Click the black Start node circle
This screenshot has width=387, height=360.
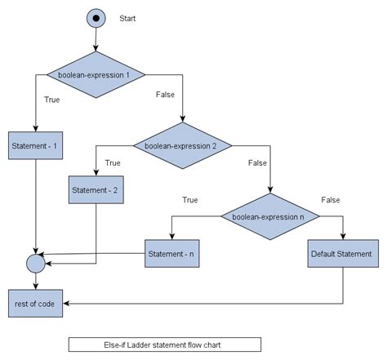tap(96, 17)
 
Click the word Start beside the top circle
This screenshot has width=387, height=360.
tap(128, 18)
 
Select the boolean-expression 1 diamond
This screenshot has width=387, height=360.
tap(96, 75)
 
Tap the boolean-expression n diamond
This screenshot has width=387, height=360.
tap(269, 216)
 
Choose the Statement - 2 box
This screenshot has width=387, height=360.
tap(96, 190)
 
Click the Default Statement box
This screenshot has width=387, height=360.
tap(341, 254)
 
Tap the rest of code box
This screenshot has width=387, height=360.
tap(35, 303)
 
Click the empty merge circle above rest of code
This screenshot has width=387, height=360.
tap(35, 264)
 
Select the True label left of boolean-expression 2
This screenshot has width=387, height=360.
tap(113, 162)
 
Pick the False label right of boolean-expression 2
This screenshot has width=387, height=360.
tap(258, 162)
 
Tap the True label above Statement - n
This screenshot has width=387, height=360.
tap(189, 199)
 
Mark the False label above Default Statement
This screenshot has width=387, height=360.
tap(331, 199)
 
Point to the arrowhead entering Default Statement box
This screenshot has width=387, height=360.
tap(343, 236)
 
